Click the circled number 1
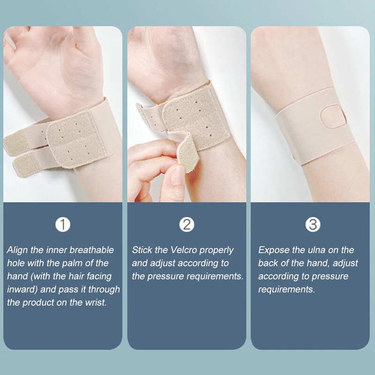pos(63,225)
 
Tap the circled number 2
pos(187,225)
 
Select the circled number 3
pos(313,225)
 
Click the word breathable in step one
pos(91,250)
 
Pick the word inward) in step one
pos(22,289)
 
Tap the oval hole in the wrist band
pos(333,117)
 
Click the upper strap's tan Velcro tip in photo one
pos(16,144)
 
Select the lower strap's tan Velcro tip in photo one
pos(26,165)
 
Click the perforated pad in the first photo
pos(76,140)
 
